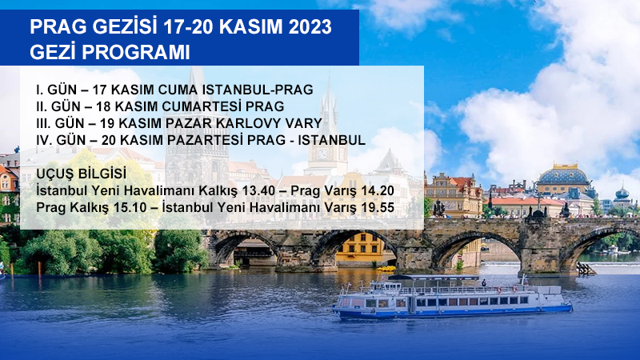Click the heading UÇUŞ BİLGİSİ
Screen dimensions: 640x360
click(x=82, y=174)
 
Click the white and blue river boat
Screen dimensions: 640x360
click(x=452, y=297)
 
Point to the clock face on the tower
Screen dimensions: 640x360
click(x=322, y=154)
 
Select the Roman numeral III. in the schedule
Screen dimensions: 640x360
click(x=44, y=123)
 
